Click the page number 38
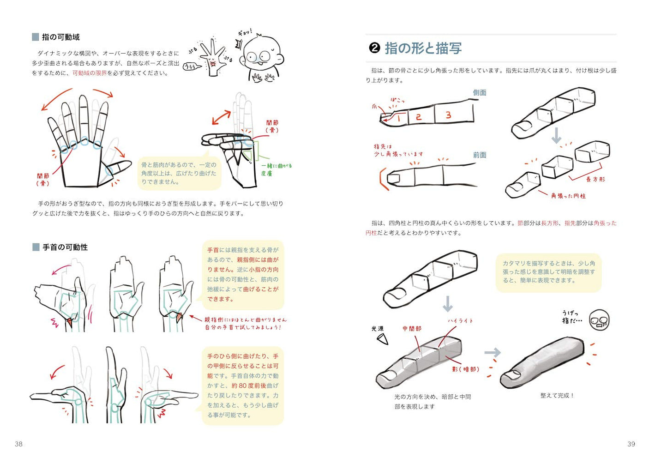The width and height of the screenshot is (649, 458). pyautogui.click(x=18, y=444)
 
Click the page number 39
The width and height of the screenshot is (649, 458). pyautogui.click(x=631, y=444)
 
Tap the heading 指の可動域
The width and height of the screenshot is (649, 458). pyautogui.click(x=60, y=37)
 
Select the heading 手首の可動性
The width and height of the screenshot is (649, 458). pyautogui.click(x=65, y=247)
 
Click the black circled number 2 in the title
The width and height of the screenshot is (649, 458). pyautogui.click(x=374, y=48)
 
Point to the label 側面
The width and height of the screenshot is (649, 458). pyautogui.click(x=479, y=92)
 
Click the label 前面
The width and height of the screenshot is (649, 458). pyautogui.click(x=479, y=155)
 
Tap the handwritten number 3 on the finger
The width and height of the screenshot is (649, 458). pyautogui.click(x=448, y=115)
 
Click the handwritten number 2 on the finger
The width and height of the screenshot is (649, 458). pyautogui.click(x=418, y=117)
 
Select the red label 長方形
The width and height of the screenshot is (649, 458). pyautogui.click(x=595, y=179)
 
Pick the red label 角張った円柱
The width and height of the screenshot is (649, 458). pyautogui.click(x=568, y=196)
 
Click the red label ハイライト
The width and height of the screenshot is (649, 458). pyautogui.click(x=460, y=320)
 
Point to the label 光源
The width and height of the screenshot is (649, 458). pyautogui.click(x=377, y=329)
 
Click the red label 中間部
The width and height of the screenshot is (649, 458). pyautogui.click(x=411, y=329)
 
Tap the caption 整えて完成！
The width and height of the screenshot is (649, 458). pyautogui.click(x=557, y=396)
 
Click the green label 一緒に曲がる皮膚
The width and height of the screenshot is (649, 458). pyautogui.click(x=276, y=169)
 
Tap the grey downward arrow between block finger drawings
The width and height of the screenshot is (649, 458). pyautogui.click(x=556, y=135)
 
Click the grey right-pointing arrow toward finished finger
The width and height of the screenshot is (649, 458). pyautogui.click(x=492, y=353)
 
